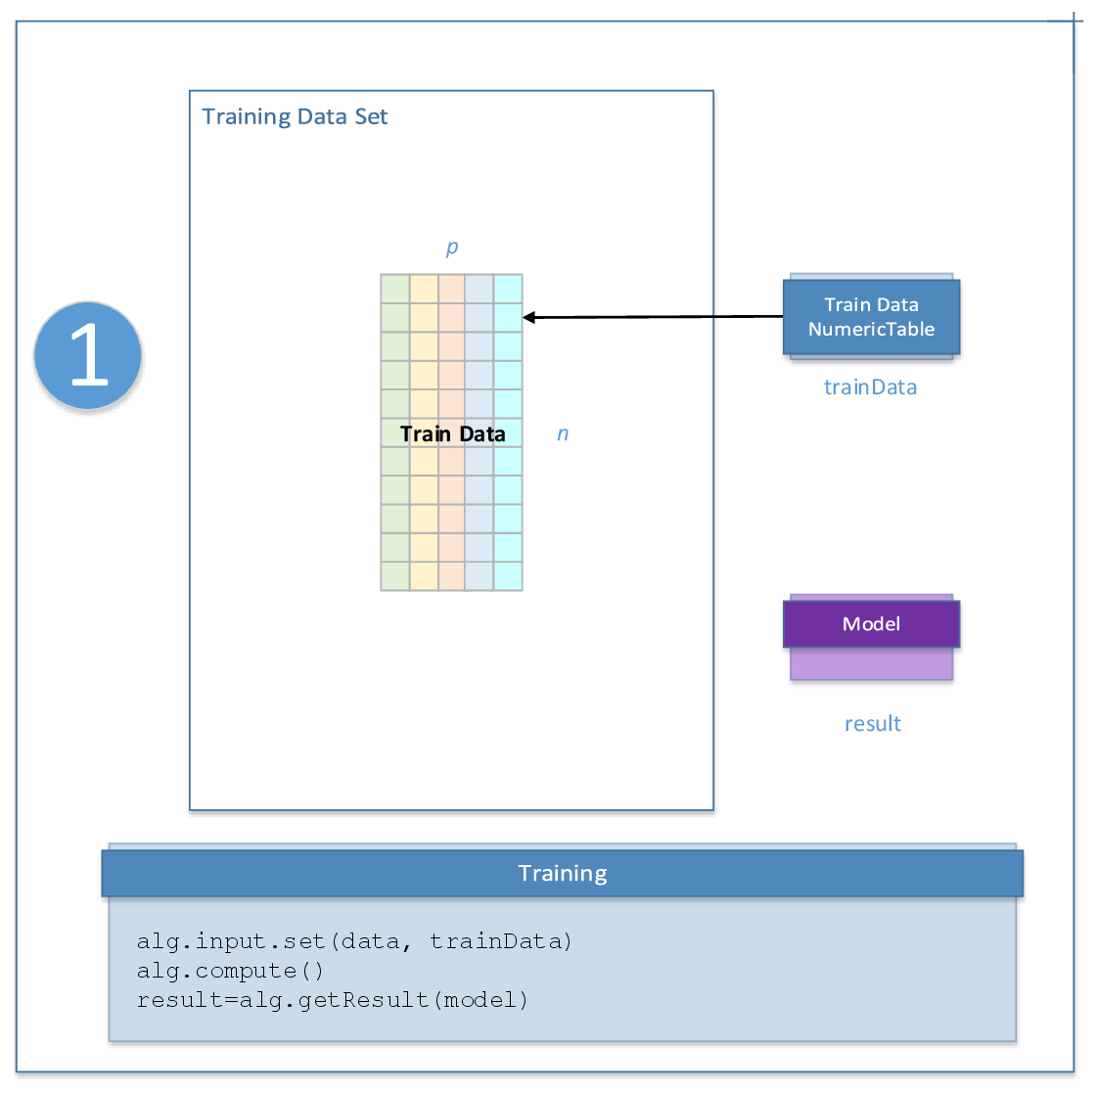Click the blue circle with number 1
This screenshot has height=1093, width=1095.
88,355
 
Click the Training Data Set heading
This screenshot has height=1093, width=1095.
295,117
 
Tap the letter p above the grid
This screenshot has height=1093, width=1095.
451,247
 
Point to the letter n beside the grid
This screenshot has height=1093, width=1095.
563,433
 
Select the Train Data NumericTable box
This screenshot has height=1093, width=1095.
871,317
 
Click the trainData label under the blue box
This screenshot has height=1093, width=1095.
870,387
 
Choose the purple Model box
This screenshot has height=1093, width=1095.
871,624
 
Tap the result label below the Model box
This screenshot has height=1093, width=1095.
872,724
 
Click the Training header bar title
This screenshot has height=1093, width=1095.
563,873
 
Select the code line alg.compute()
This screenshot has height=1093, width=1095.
230,971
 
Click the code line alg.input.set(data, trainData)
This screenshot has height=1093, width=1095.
354,941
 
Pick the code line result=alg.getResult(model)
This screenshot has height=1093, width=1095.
333,1000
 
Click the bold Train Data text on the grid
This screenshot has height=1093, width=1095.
452,433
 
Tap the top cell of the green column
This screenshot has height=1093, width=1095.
395,289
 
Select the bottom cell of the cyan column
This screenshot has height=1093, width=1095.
508,575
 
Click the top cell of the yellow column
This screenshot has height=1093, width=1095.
424,289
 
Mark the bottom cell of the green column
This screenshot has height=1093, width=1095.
395,575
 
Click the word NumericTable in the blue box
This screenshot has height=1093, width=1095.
871,330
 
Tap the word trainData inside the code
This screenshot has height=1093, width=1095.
500,941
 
